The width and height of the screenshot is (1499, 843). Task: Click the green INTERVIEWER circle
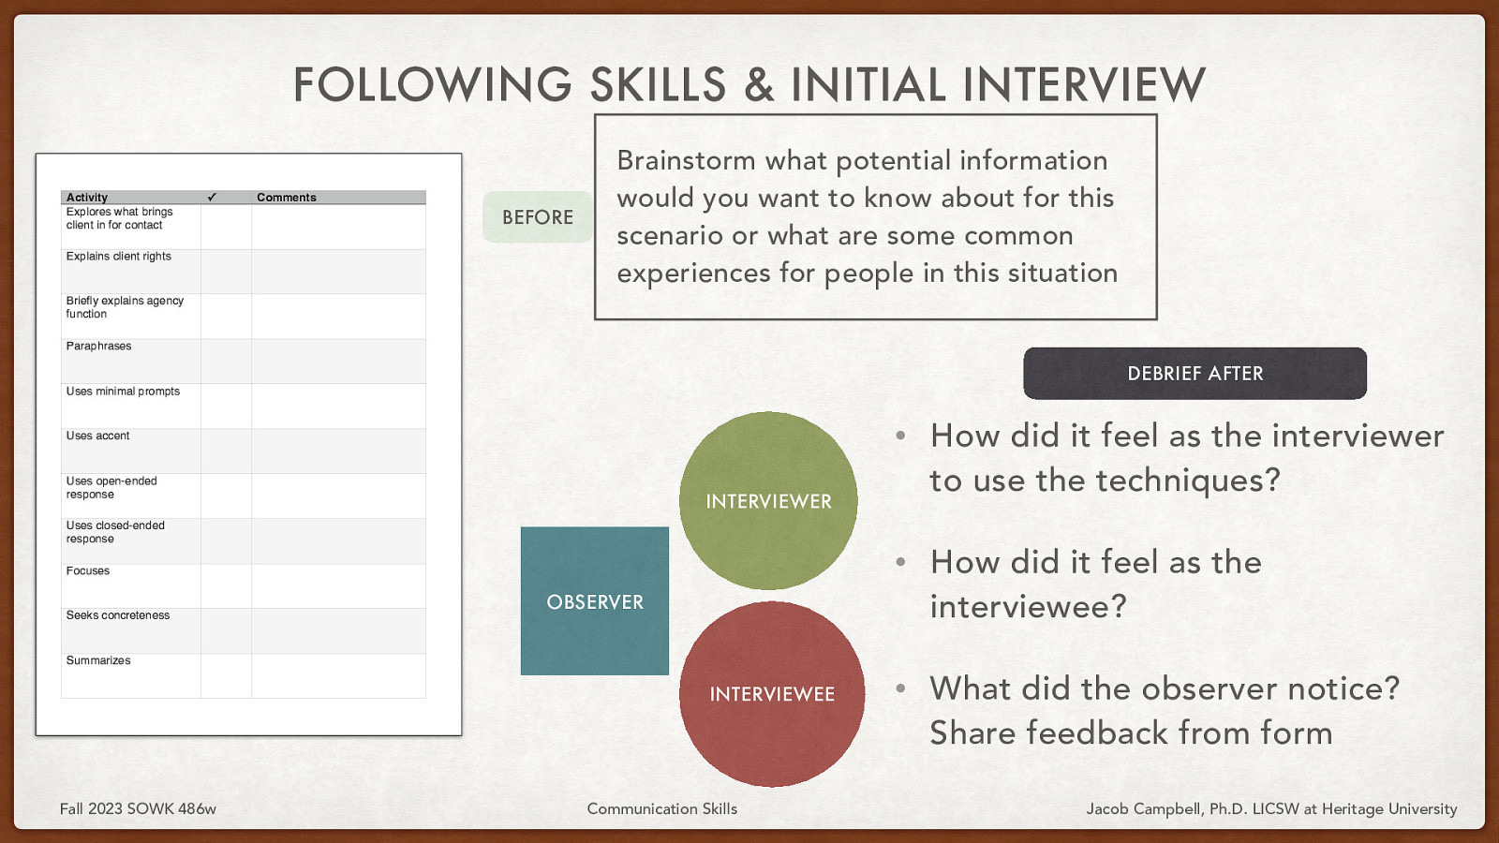tap(768, 500)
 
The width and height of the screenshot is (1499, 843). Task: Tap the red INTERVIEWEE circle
tap(771, 694)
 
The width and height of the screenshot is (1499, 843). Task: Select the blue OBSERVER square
tap(595, 601)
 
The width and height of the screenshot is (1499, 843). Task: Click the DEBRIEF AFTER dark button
tap(1195, 374)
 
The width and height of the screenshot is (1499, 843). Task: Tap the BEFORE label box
tap(538, 217)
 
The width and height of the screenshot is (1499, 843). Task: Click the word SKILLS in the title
tap(658, 85)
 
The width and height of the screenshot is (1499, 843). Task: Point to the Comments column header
tap(287, 198)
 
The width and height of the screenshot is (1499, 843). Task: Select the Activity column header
tap(87, 198)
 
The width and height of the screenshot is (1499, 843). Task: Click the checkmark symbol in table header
tap(212, 198)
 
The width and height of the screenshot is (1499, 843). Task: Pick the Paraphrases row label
tap(98, 347)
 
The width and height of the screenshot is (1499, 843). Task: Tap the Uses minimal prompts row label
tap(123, 392)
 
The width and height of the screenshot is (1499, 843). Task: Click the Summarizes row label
tap(98, 660)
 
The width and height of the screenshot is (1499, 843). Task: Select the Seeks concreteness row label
tap(118, 615)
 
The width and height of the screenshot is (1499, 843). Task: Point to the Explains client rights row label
tap(119, 257)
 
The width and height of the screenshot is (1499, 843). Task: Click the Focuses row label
tap(88, 570)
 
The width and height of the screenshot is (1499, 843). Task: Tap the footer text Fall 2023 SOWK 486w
tap(138, 808)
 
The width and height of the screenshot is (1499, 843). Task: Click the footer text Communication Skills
tap(661, 808)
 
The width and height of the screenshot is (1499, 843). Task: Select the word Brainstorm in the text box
tap(686, 161)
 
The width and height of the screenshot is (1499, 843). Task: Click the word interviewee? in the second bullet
tap(1028, 607)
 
